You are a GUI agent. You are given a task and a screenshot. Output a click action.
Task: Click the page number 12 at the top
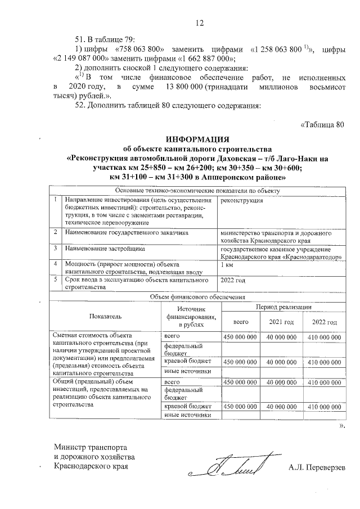tap(199, 23)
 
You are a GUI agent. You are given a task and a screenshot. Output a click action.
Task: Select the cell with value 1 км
tap(228, 264)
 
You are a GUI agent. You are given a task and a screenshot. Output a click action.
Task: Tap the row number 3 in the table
tap(55, 247)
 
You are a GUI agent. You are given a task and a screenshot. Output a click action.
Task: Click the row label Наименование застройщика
tap(105, 247)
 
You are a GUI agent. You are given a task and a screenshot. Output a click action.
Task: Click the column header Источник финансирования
tap(191, 317)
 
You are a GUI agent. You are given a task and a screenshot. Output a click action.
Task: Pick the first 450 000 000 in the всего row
tap(240, 336)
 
